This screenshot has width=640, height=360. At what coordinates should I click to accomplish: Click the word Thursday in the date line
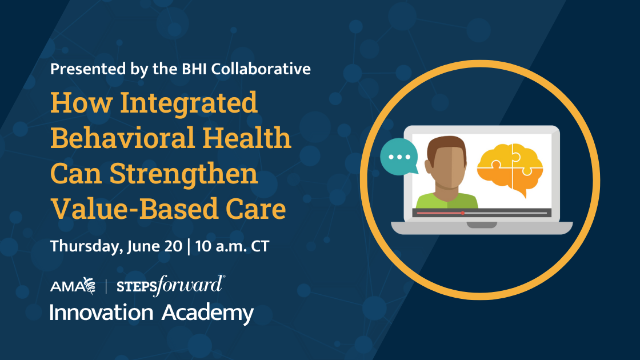point(83,247)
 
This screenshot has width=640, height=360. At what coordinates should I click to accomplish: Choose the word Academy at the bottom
point(207,313)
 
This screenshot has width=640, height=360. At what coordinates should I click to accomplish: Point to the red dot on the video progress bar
point(462,213)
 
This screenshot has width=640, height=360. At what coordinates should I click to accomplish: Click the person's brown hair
point(446,146)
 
